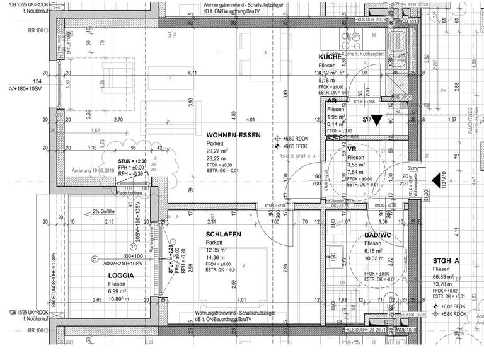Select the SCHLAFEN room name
pyautogui.click(x=223, y=234)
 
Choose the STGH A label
pyautogui.click(x=446, y=260)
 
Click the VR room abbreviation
pyautogui.click(x=352, y=149)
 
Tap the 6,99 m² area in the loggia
pyautogui.click(x=113, y=294)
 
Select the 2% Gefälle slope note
pyautogui.click(x=107, y=212)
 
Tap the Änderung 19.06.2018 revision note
pyautogui.click(x=99, y=170)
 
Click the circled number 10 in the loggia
pyautogui.click(x=95, y=258)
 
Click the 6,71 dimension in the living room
pyautogui.click(x=193, y=73)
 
